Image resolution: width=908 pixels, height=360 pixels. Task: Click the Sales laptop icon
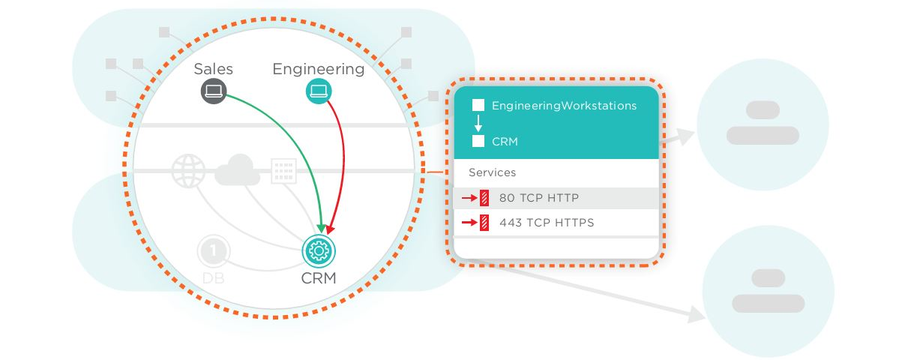[x=213, y=91]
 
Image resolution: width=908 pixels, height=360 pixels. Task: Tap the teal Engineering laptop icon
[x=319, y=91]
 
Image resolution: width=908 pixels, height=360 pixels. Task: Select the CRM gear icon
[x=319, y=250]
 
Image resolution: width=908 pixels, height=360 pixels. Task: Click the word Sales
[x=214, y=69]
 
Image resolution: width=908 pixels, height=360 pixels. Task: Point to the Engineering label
[x=318, y=69]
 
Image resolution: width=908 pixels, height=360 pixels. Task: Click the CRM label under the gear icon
[x=318, y=278]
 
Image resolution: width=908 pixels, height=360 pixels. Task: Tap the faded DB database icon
[x=213, y=251]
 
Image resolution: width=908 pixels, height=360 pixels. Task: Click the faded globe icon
[x=187, y=171]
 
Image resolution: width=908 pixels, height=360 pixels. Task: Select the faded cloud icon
[x=237, y=172]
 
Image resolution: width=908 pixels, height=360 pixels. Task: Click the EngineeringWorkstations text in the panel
[x=564, y=106]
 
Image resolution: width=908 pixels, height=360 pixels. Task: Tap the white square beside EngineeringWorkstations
[x=478, y=106]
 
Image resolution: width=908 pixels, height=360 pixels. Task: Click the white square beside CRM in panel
[x=478, y=141]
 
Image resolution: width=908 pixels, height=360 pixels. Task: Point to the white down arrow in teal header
[x=478, y=124]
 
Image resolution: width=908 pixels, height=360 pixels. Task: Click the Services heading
[x=492, y=172]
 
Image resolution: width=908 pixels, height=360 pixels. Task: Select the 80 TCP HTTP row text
[x=538, y=198]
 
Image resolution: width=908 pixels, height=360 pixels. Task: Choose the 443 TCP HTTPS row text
[x=547, y=222]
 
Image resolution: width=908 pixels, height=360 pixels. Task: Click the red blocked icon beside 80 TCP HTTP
[x=484, y=198]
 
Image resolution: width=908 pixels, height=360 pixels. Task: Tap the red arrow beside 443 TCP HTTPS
[x=469, y=222]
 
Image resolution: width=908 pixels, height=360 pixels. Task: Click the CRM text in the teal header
[x=505, y=141]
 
